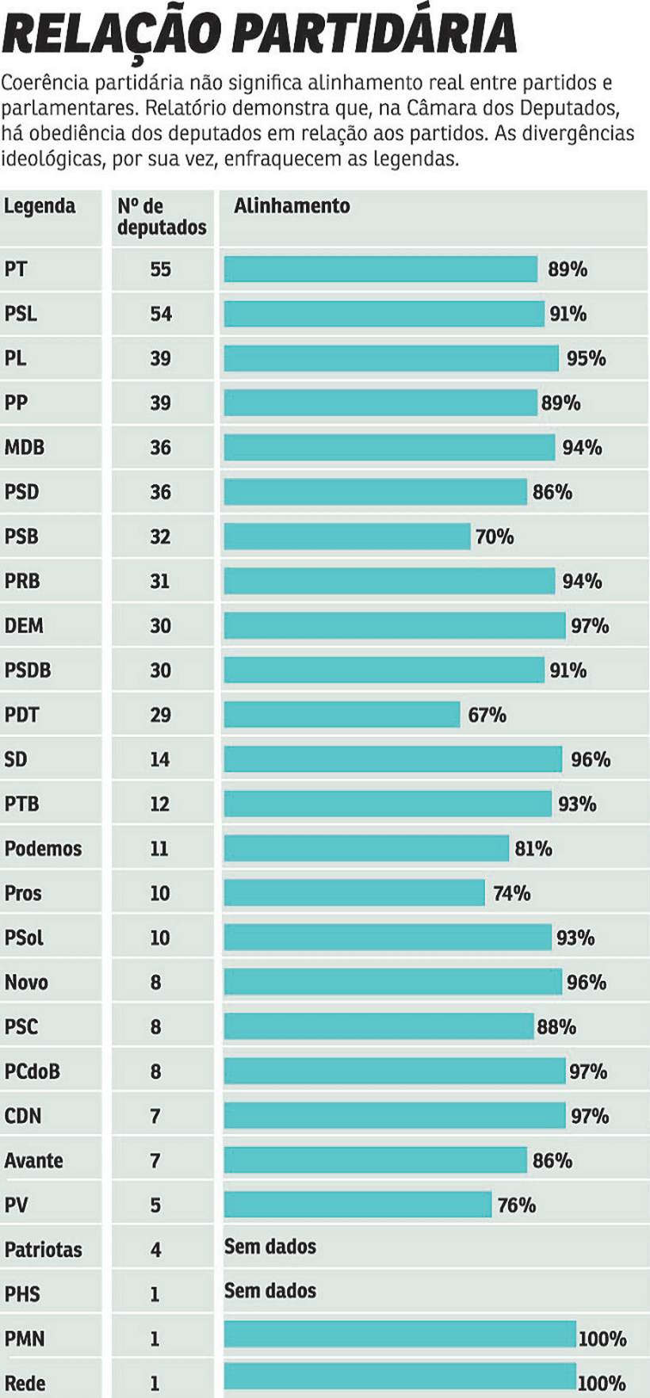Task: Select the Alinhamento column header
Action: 292,206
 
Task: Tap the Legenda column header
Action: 40,206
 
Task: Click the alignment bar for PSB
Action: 347,537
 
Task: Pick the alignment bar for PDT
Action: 342,714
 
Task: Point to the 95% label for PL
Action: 586,358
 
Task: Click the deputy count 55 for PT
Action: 160,269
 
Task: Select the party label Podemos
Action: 43,849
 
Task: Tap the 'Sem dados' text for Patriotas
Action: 270,1247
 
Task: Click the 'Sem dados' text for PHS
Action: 270,1291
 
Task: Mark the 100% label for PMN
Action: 602,1339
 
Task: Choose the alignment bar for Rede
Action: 400,1377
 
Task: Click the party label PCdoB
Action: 32,1071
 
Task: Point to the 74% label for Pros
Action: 512,893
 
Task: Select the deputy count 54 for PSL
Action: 160,314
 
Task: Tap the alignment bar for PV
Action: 357,1205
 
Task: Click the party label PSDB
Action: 28,670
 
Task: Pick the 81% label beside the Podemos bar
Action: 533,849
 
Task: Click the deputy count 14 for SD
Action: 160,759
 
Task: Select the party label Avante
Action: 33,1160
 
